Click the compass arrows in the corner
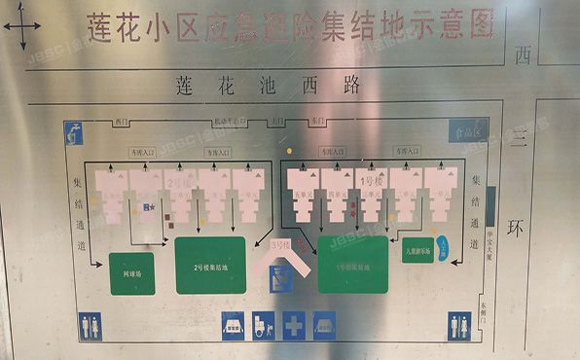tap(20, 31)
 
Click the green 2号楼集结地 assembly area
tap(210, 265)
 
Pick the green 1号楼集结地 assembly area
tap(352, 265)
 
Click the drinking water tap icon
tap(74, 132)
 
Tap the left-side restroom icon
tap(91, 326)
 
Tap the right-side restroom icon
tap(459, 326)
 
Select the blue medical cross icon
tap(293, 325)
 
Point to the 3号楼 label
tap(281, 244)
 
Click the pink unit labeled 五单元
tap(304, 193)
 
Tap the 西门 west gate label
tap(122, 123)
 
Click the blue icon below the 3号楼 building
tap(282, 280)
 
